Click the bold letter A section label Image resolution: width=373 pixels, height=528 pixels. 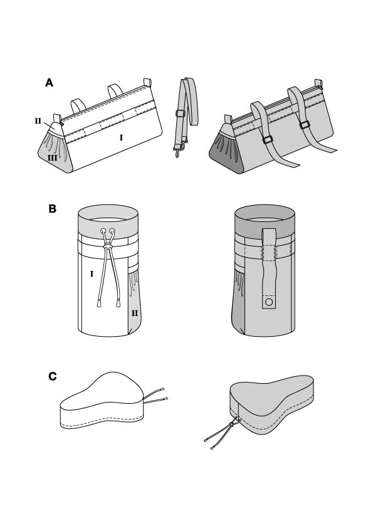coord(49,83)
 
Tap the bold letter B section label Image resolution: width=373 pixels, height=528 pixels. coord(52,209)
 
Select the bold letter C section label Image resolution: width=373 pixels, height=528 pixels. coord(53,376)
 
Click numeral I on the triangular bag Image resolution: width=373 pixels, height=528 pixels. coord(121,137)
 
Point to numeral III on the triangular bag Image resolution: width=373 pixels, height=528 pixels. coord(52,157)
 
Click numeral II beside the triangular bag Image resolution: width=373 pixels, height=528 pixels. coord(38,121)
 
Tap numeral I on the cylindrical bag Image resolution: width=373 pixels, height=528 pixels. coord(92,274)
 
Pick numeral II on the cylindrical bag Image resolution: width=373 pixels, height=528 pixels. coord(135,313)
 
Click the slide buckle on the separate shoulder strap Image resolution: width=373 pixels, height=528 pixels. coord(181,113)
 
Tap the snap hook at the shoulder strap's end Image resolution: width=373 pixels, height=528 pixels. coord(177,152)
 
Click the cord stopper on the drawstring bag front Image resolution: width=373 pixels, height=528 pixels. coord(108,247)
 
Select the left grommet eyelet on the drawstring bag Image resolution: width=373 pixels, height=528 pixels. coord(103,231)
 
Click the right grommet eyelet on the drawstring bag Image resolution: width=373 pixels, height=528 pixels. coord(112,231)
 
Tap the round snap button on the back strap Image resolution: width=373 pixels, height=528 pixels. coord(269,302)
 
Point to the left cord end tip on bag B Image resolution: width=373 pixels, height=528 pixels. coord(99,304)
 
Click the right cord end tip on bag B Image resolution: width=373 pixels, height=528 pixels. coord(118,304)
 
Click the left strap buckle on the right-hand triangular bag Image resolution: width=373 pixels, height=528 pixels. coord(268,140)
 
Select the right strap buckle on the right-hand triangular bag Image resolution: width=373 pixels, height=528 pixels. coord(305,125)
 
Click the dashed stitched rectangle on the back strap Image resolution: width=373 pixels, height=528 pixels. coord(269,253)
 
